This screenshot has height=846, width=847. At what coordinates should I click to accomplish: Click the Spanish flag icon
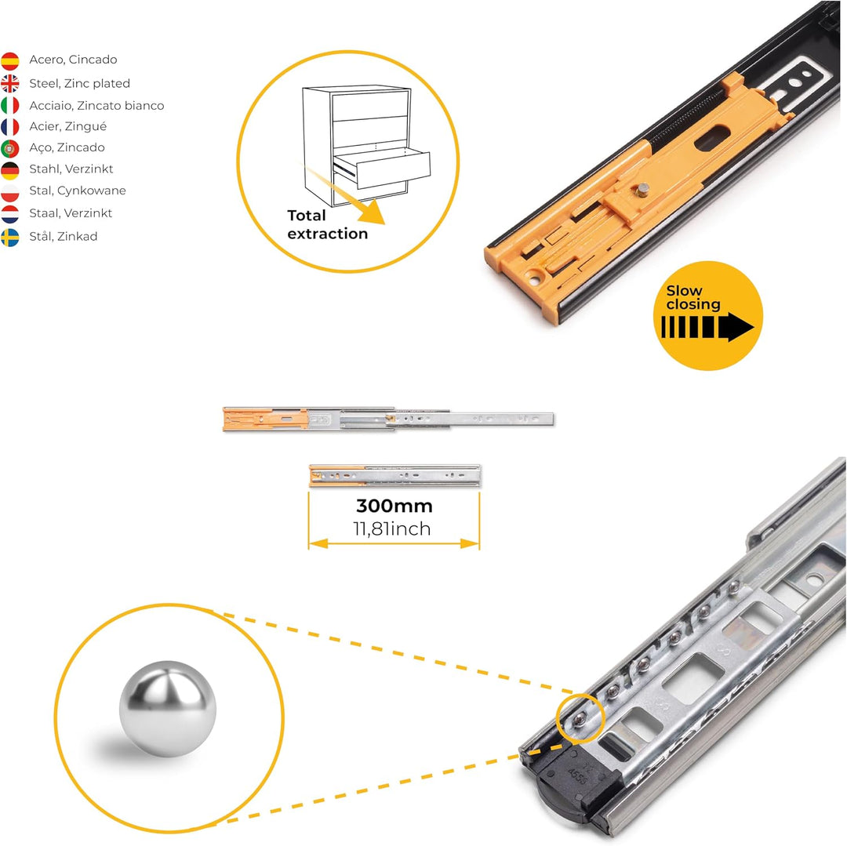9,61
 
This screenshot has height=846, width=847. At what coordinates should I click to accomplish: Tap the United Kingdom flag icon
9,84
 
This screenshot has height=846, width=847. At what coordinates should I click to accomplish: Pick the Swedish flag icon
9,238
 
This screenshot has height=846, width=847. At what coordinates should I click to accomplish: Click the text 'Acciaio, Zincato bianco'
96,106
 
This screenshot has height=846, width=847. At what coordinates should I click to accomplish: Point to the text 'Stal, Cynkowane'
77,191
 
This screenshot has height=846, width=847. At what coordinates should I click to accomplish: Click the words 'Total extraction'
327,224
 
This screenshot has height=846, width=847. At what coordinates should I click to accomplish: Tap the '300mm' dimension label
394,506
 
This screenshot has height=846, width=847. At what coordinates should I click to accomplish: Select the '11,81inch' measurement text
392,529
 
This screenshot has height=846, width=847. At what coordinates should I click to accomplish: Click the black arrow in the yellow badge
707,327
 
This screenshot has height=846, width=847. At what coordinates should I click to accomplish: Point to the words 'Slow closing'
693,297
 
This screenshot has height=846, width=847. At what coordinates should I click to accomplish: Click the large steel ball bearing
168,708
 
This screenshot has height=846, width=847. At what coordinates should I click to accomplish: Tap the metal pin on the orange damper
642,190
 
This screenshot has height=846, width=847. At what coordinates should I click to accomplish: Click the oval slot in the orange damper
712,138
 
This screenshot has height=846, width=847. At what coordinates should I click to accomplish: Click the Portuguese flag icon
9,148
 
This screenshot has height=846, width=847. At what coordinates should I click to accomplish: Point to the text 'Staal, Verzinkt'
71,213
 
